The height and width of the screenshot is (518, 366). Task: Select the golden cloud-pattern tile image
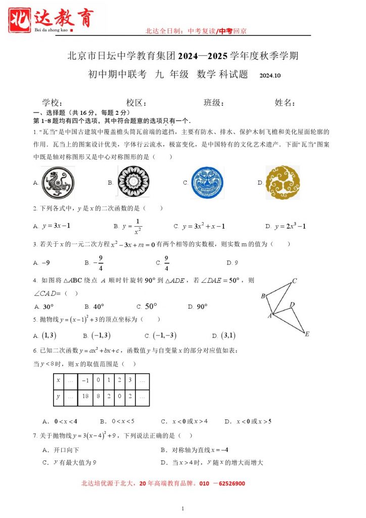click(x=282, y=182)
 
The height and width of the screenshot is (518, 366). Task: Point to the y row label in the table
click(x=59, y=397)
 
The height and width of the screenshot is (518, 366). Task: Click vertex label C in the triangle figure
click(x=294, y=281)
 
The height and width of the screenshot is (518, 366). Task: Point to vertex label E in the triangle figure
click(x=307, y=334)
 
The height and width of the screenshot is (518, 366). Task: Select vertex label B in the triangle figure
click(x=263, y=296)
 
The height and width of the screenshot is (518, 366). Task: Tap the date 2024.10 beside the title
click(x=269, y=76)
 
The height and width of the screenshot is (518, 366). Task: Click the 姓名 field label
click(x=285, y=103)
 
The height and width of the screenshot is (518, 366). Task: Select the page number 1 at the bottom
click(x=182, y=508)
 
